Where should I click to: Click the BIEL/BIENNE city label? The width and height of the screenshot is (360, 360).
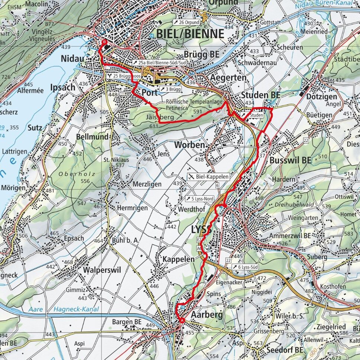tap(190, 34)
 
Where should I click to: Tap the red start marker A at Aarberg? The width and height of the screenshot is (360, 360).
tap(182, 320)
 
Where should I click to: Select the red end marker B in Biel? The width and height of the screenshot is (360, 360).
tap(104, 43)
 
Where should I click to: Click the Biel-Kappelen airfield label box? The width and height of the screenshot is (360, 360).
tap(209, 176)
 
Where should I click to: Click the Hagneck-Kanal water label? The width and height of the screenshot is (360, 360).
tap(76, 309)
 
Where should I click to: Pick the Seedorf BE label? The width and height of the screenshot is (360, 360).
tap(284, 350)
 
